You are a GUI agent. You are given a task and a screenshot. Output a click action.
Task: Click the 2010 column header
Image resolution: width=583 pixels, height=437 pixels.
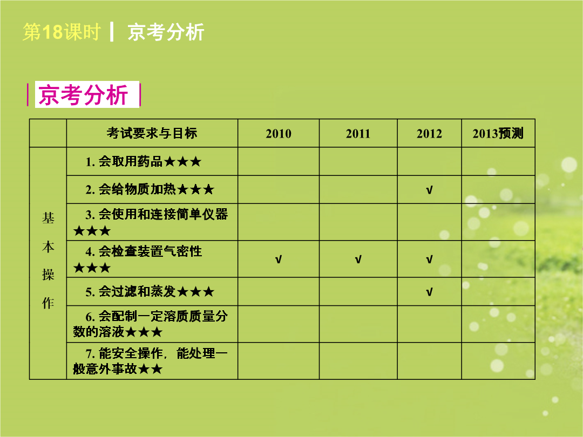pos(279,133)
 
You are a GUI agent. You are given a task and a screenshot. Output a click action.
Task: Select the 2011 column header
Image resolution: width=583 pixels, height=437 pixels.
pos(358,133)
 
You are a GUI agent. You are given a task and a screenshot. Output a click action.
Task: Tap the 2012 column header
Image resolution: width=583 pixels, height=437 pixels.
pos(430,133)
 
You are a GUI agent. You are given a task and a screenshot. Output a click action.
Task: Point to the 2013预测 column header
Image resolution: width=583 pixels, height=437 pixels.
pos(498,133)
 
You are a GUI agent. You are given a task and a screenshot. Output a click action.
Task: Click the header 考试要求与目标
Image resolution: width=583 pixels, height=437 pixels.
pos(152,133)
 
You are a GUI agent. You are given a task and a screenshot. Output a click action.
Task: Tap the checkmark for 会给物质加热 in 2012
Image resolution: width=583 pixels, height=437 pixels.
pos(430,190)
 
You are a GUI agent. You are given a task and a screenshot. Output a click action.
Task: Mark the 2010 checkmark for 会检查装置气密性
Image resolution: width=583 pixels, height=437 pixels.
pos(279,260)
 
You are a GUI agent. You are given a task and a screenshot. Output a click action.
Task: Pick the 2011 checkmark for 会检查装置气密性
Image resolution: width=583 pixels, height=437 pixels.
pos(358,260)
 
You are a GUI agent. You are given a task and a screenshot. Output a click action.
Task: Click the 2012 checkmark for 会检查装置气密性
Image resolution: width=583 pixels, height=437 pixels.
pos(430,260)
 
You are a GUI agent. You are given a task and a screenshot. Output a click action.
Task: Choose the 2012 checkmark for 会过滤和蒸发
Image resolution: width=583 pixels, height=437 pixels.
pos(430,292)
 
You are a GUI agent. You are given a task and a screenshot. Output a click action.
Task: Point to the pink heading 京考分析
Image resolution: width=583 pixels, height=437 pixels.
pos(83,95)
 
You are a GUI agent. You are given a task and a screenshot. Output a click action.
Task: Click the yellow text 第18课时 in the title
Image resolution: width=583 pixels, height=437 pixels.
pos(62,32)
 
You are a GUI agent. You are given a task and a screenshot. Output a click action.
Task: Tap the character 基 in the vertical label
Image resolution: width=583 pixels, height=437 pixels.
pos(48,218)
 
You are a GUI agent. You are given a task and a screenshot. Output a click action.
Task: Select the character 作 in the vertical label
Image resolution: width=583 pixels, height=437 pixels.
pos(48,303)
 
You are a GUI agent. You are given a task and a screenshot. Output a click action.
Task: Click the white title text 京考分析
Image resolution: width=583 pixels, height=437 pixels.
pos(166,32)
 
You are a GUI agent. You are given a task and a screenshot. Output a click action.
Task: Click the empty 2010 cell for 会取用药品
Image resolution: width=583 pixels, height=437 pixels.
pos(279,162)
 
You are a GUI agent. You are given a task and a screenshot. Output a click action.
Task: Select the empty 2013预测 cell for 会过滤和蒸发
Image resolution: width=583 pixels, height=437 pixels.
pos(498,292)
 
